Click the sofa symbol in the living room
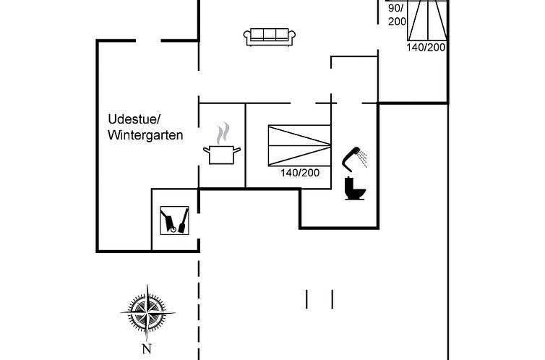(270, 37)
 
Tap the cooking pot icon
(222, 155)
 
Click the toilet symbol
(355, 189)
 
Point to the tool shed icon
(174, 220)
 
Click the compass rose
(147, 313)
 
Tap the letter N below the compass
(147, 348)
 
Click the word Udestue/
(134, 119)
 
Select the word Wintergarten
(145, 135)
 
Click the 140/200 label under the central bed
(300, 173)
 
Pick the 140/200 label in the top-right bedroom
(426, 47)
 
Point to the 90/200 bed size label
(397, 15)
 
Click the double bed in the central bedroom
(299, 145)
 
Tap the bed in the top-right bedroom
(427, 20)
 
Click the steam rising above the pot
(223, 133)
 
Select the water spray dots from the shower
(363, 158)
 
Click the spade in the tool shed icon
(184, 220)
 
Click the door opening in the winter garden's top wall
(148, 40)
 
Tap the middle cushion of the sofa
(270, 34)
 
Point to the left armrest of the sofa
(246, 37)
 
